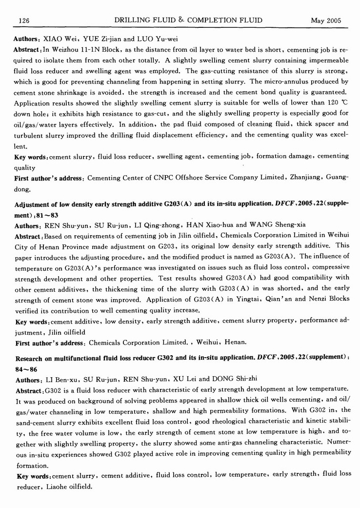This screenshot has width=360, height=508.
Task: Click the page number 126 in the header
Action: pos(24,20)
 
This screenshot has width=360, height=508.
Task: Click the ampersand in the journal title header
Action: pos(180,20)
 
